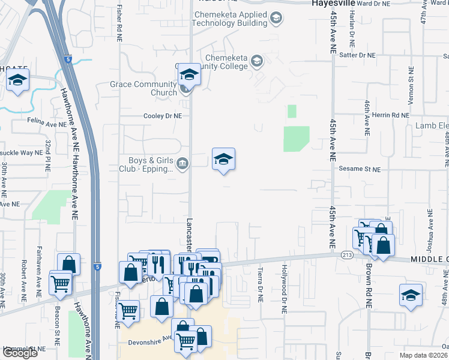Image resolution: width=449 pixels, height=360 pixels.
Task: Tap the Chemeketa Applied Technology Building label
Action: tap(229, 19)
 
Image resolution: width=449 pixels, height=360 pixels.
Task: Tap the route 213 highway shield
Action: tap(347, 254)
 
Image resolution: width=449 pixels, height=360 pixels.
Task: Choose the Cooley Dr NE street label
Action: tap(162, 116)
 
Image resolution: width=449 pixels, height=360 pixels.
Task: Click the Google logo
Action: tap(19, 353)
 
